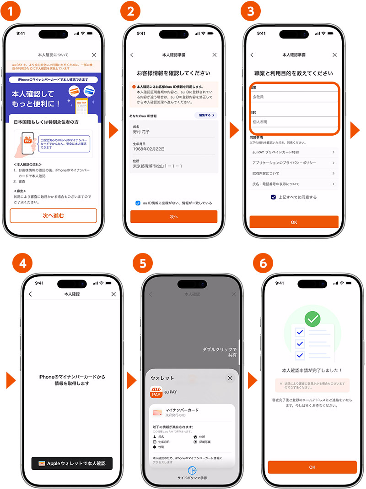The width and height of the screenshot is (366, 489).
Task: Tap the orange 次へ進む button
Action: [53, 215]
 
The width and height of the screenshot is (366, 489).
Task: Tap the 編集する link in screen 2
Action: [206, 115]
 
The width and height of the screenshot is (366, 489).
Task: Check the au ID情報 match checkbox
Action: [138, 203]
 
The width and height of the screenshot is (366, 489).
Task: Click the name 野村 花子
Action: [141, 132]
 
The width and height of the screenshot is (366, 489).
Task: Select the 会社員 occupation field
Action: [294, 97]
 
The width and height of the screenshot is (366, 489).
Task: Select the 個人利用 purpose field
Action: [294, 122]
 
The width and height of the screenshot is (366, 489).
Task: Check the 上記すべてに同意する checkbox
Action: [273, 197]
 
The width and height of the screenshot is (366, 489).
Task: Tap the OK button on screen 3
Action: [294, 222]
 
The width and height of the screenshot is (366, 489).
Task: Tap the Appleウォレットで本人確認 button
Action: [72, 463]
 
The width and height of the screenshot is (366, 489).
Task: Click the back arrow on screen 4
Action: [31, 294]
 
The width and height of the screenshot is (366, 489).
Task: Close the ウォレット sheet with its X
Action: [230, 378]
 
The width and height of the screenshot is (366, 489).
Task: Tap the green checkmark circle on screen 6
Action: [312, 318]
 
